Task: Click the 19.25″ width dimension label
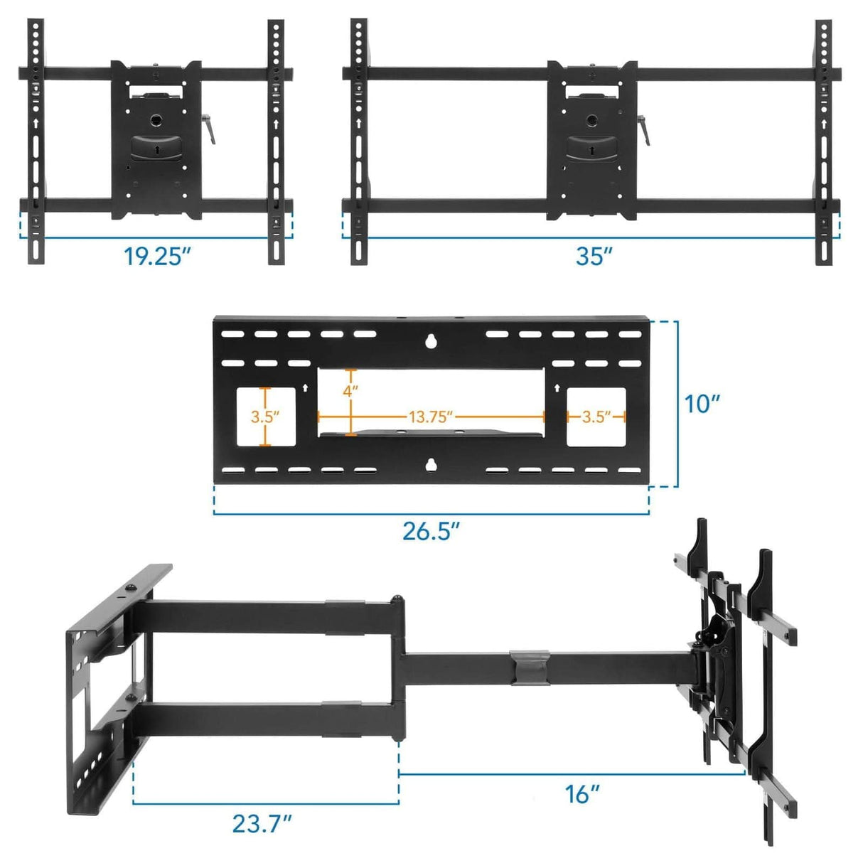[158, 257]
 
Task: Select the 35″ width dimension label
[594, 257]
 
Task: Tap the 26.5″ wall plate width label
[431, 530]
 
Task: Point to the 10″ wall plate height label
[702, 404]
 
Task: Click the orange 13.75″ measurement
[431, 417]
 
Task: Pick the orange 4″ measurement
[350, 390]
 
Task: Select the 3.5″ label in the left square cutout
[265, 417]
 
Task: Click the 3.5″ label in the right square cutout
[596, 417]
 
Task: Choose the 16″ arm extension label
[582, 793]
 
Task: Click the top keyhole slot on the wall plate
[430, 341]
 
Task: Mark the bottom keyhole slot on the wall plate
[430, 465]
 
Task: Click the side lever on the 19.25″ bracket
[210, 131]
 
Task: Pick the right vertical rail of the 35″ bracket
[823, 142]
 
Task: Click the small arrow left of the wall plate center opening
[305, 388]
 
